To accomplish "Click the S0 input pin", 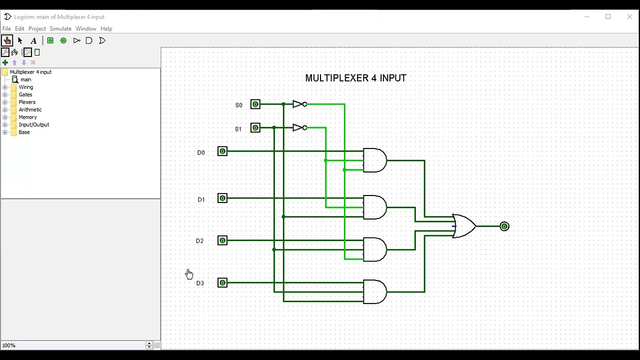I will click(255, 104).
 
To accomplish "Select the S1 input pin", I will click(255, 128).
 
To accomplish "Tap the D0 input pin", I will click(222, 151).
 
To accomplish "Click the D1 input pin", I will click(222, 198).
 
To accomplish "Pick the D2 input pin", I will click(222, 240).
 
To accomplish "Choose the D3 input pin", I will click(222, 283).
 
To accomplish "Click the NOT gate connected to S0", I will click(299, 104).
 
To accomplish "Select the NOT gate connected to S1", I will click(299, 128).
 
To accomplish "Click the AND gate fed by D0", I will click(374, 160).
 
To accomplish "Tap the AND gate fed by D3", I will click(374, 292).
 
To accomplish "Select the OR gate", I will click(463, 226).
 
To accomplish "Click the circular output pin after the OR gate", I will click(504, 226).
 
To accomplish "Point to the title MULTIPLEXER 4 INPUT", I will click(355, 78).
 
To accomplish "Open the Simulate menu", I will click(60, 29).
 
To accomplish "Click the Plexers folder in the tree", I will click(27, 102).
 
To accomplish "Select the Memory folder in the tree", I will click(27, 117).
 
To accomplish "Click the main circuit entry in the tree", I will click(25, 79).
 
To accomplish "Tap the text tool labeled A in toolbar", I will click(33, 41).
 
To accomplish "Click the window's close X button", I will click(629, 17).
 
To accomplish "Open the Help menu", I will click(106, 29).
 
